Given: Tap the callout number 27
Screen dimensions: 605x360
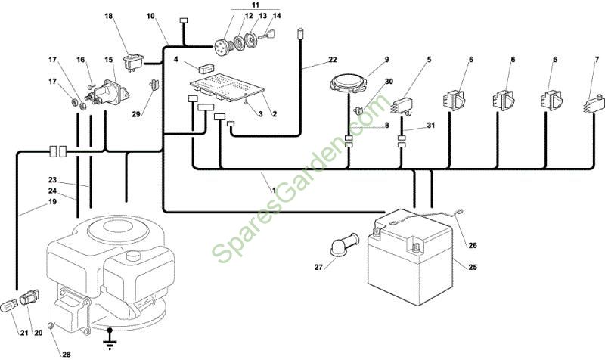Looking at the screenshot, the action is pos(318,267).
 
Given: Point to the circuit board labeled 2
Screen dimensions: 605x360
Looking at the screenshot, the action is pos(227,88).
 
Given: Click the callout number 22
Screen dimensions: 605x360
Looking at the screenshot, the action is pos(333,60).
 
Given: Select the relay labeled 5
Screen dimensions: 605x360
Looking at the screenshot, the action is pos(402,105).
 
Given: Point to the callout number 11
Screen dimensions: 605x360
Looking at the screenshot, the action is pos(256,5).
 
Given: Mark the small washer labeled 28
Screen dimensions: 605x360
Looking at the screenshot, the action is pos(50,326).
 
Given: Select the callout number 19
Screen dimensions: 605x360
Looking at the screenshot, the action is pos(52,202).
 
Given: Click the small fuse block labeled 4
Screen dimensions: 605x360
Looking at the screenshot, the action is pos(206,68).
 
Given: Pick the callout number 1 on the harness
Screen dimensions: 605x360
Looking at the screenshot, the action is pos(274,191).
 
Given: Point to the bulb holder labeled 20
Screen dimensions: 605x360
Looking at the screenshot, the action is pos(29,297).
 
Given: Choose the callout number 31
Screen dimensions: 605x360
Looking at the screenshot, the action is pos(431,126).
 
